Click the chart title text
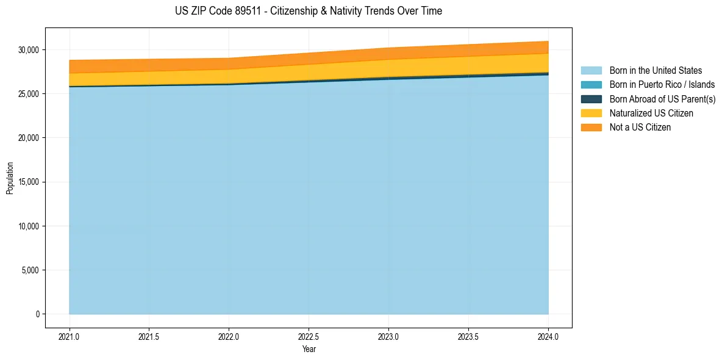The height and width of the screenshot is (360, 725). [x=308, y=11]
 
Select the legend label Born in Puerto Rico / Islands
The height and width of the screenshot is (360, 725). [x=662, y=85]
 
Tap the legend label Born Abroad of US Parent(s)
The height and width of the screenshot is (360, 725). [x=662, y=99]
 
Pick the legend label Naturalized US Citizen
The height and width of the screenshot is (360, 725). [x=651, y=113]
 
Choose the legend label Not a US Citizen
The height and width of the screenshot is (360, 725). [x=640, y=127]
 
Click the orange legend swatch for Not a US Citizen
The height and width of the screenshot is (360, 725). [x=591, y=127]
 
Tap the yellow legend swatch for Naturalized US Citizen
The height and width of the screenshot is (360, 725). [x=591, y=113]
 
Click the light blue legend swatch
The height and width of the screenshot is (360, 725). [x=591, y=71]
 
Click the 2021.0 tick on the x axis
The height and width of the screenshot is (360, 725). [x=70, y=336]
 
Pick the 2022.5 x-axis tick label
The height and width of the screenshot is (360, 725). [x=309, y=336]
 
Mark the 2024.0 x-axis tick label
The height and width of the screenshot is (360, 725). [x=548, y=336]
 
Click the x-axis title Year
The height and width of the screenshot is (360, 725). [x=309, y=349]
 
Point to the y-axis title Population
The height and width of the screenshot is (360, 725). [x=10, y=178]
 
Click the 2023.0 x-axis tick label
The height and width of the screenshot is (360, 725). [x=388, y=336]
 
